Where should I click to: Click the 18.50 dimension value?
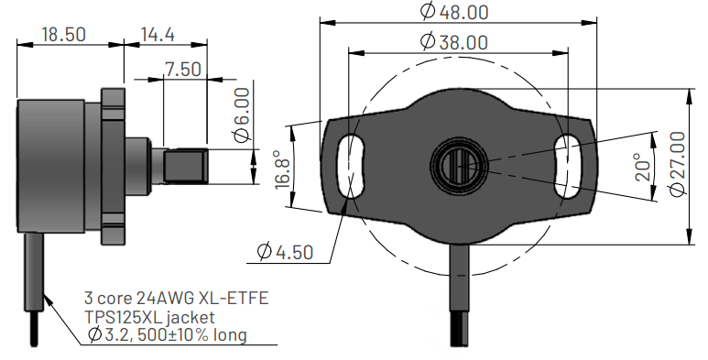(x=64, y=34)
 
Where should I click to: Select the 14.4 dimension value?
(x=158, y=34)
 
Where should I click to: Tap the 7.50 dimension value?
(x=182, y=69)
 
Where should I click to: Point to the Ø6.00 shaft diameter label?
(x=242, y=115)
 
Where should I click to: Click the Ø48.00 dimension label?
(x=454, y=11)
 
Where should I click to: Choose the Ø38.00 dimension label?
(x=454, y=42)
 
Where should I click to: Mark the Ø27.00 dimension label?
(x=677, y=164)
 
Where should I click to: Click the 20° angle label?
(x=644, y=167)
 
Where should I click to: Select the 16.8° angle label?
(x=283, y=169)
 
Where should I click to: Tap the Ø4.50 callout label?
(x=285, y=252)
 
